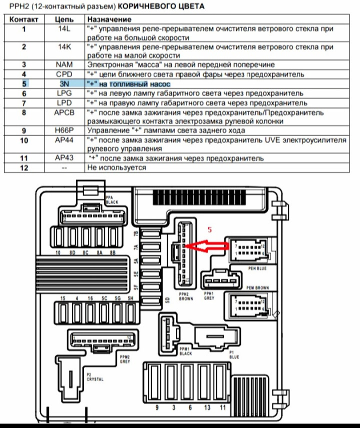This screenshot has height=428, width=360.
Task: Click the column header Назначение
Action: [108, 19]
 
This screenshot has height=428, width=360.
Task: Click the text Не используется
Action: [116, 168]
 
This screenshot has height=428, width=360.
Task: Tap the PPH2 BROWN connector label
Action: [185, 295]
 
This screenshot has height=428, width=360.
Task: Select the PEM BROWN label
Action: [257, 287]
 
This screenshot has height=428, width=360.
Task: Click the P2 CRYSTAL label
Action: [94, 377]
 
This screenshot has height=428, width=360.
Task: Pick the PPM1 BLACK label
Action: [185, 350]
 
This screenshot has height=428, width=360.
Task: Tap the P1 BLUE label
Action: [233, 354]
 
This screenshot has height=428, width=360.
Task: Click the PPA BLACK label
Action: [111, 199]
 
